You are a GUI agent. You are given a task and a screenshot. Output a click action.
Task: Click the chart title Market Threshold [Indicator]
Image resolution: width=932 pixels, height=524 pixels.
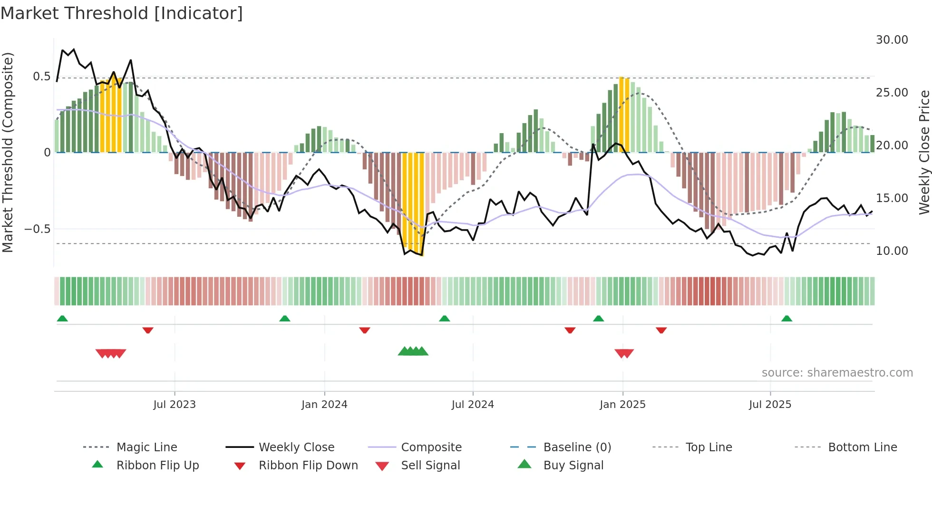[x=122, y=13]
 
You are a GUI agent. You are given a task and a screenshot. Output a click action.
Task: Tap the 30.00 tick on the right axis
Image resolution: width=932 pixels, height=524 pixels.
[x=892, y=40]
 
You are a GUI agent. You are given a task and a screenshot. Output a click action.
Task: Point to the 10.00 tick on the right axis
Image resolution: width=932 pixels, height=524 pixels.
[x=892, y=251]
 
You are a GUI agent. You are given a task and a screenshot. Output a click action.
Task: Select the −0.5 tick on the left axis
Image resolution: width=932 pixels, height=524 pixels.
[x=37, y=229]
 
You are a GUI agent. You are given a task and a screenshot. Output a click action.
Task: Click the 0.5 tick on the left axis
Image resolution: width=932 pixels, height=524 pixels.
[x=41, y=77]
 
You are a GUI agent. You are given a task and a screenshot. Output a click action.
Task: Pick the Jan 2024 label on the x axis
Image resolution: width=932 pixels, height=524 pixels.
[x=324, y=405]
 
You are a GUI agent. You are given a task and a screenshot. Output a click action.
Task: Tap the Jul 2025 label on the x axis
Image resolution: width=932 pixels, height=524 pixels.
[x=770, y=405]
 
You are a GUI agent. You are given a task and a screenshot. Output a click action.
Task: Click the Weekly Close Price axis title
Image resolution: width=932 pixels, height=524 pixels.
[x=924, y=152]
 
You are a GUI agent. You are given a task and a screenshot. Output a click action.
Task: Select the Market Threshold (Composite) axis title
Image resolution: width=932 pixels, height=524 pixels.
[x=8, y=152]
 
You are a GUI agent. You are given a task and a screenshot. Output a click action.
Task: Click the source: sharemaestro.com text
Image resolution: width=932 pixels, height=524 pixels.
[x=837, y=373]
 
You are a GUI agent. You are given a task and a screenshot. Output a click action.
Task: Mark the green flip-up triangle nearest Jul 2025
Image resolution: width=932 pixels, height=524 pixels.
[x=786, y=319]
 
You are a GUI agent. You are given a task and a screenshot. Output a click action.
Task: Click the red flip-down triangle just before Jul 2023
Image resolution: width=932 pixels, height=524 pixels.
[x=148, y=330]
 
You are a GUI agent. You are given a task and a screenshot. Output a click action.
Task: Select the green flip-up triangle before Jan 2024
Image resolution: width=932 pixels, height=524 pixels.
[x=284, y=319]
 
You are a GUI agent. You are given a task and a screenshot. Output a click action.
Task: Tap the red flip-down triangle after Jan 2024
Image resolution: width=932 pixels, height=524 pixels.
[x=365, y=330]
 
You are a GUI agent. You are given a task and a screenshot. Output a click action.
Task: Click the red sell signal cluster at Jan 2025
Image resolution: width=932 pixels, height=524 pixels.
[x=624, y=353]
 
